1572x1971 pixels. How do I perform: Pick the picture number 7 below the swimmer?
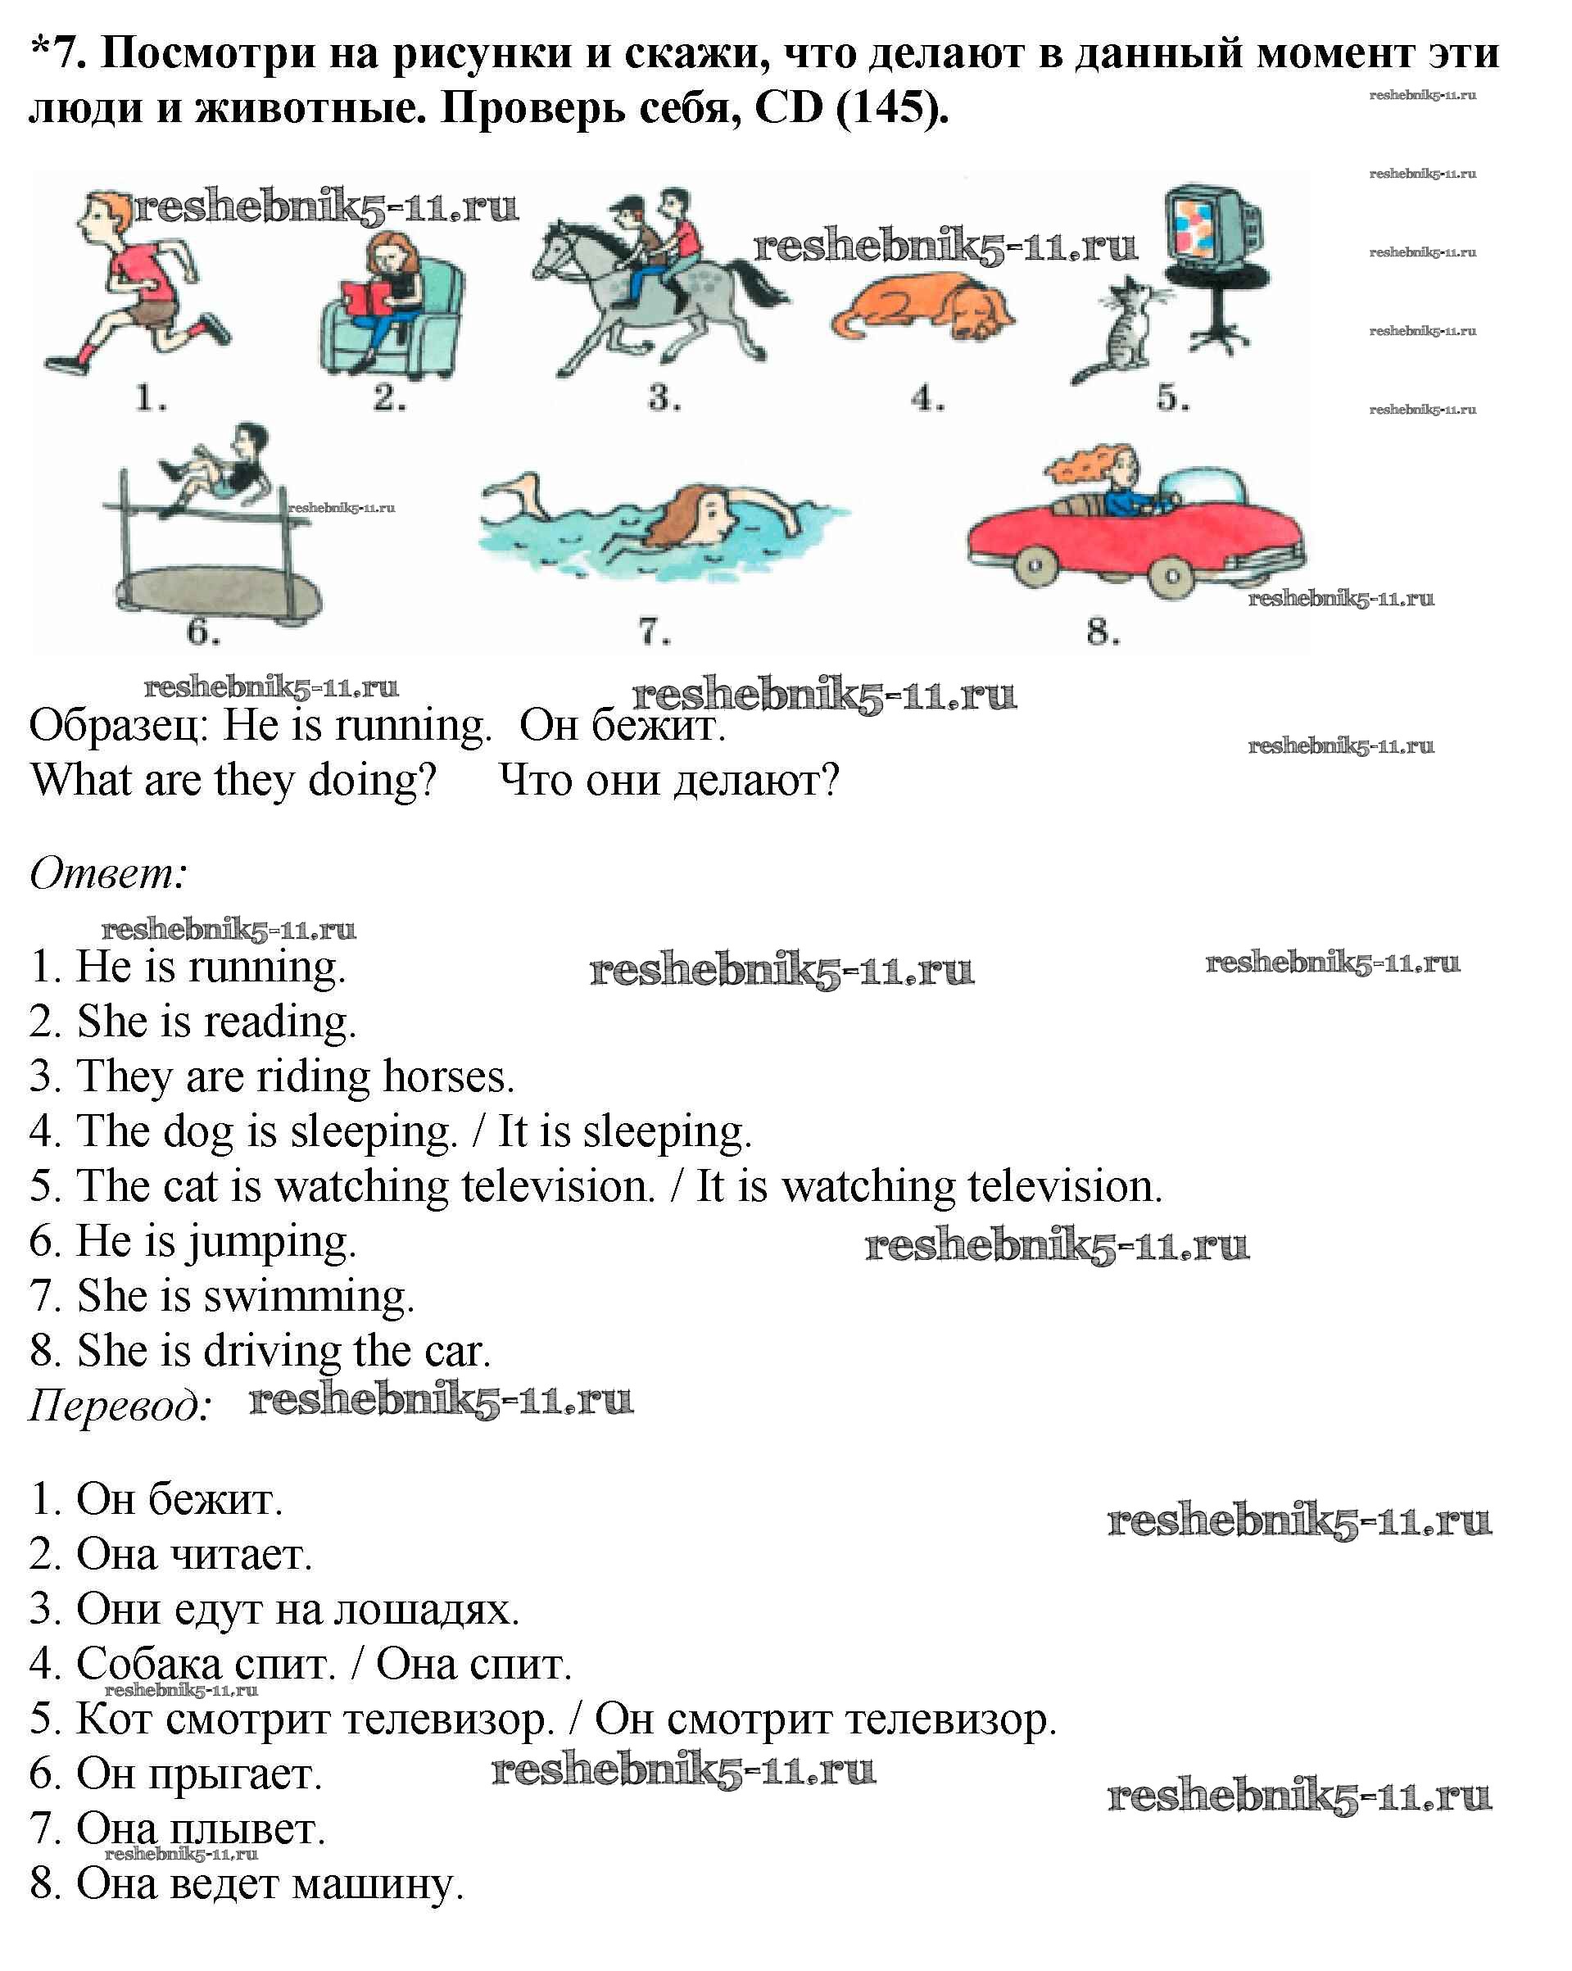coord(654,631)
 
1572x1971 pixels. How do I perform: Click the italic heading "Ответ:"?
coord(109,874)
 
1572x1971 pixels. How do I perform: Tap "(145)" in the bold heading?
coord(892,108)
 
